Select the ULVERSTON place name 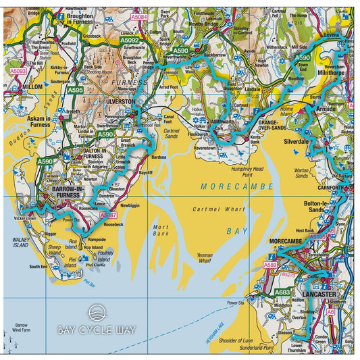(x=121, y=101)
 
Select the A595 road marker (x=76, y=90)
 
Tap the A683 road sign (x=282, y=292)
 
